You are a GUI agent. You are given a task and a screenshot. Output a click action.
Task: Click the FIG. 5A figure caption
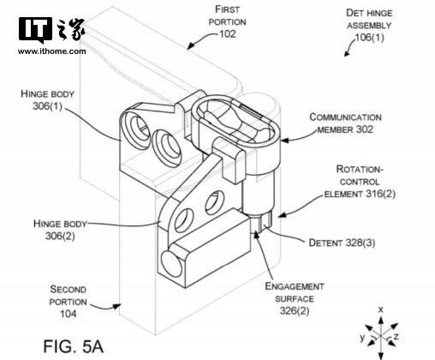74,346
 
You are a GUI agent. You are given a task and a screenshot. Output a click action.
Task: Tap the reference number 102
228,34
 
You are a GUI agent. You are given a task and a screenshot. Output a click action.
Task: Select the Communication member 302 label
345,123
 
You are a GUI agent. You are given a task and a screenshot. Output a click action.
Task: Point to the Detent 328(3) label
342,243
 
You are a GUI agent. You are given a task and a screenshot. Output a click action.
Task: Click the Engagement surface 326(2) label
295,298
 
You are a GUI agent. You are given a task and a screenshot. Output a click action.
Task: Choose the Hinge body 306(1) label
47,99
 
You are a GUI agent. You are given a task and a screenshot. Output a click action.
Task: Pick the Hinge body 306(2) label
60,230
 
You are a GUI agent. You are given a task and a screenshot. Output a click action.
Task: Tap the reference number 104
69,314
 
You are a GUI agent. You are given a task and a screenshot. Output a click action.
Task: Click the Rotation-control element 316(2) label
360,182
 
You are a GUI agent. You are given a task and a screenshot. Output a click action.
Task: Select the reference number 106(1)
369,38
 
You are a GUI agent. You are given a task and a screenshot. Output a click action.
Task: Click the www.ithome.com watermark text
51,51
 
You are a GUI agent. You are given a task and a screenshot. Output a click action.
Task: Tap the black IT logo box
35,29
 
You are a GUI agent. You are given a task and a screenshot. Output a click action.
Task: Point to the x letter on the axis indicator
380,309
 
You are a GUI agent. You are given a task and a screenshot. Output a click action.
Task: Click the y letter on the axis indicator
362,338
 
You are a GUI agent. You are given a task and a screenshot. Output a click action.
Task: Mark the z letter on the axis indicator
396,337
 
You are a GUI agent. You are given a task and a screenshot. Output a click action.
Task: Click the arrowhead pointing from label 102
191,45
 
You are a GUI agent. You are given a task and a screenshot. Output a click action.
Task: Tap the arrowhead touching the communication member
284,140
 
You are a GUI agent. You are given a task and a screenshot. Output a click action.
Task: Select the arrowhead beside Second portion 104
116,307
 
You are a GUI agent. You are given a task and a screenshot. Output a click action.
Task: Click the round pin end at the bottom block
170,263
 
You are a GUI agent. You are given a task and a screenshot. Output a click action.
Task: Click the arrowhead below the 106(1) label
347,53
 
